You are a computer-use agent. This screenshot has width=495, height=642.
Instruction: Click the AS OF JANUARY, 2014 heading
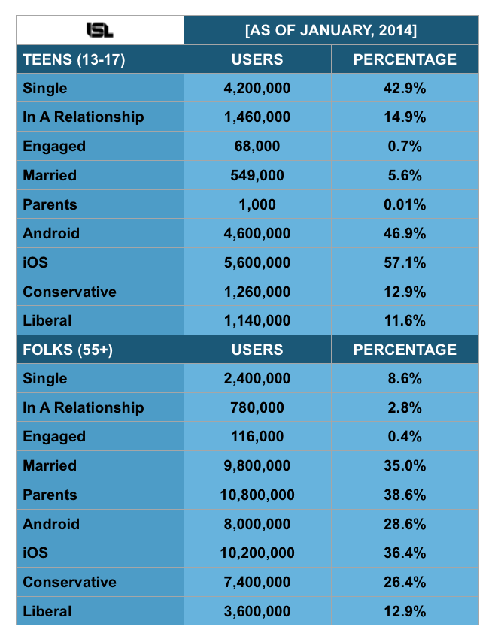(x=332, y=31)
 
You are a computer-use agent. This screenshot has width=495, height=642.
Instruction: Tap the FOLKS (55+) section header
(x=68, y=350)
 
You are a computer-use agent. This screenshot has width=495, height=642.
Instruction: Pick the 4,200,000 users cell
(x=257, y=88)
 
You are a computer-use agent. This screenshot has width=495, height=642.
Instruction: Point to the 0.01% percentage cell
(x=406, y=204)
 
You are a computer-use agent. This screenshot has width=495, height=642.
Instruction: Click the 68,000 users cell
(x=257, y=146)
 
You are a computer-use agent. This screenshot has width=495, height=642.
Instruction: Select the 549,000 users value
(x=257, y=175)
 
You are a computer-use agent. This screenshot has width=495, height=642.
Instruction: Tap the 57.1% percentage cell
(x=406, y=262)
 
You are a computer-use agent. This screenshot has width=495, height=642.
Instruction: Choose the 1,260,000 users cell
(x=257, y=292)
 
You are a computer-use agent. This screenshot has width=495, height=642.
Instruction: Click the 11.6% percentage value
(x=406, y=320)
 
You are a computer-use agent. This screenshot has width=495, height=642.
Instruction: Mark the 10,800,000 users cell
(x=257, y=495)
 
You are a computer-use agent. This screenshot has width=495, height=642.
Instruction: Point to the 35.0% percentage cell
(x=406, y=465)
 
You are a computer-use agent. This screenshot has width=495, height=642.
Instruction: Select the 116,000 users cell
(x=257, y=437)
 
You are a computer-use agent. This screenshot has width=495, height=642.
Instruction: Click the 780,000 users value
(x=257, y=407)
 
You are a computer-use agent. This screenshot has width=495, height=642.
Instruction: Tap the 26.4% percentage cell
(x=406, y=582)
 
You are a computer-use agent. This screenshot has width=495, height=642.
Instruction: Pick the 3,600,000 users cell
(x=257, y=611)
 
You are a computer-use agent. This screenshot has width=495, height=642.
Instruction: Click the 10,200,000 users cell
(x=257, y=553)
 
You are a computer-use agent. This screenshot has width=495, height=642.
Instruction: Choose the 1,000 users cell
(x=257, y=204)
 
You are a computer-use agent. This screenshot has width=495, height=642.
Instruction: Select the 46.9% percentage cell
(x=406, y=233)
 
